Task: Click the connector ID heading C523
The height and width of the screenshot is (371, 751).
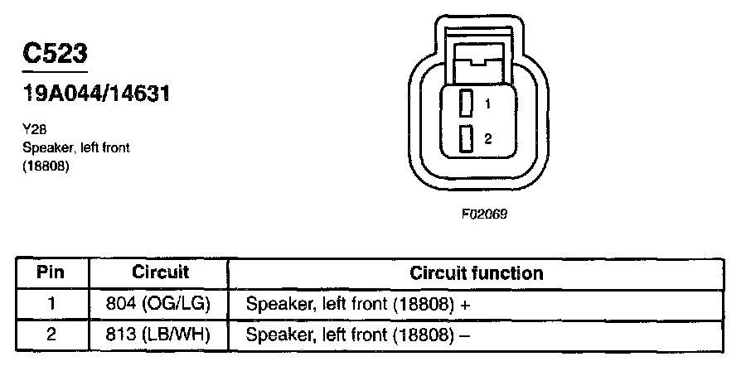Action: tap(55, 54)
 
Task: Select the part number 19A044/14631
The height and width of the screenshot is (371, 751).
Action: tap(96, 94)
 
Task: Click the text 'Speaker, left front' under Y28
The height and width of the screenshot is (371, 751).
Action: tap(75, 147)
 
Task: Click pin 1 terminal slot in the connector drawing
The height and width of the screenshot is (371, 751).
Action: tap(466, 104)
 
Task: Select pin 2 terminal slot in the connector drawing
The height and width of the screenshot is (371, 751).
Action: tap(466, 138)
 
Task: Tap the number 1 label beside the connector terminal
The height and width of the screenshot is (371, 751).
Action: tap(488, 104)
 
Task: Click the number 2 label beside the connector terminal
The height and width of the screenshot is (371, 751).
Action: tap(488, 139)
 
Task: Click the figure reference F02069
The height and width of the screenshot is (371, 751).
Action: tap(484, 214)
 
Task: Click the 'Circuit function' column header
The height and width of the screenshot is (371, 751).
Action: tap(477, 273)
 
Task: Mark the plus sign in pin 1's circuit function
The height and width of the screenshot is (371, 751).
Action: tap(466, 305)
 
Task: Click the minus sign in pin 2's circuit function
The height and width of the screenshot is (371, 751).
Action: tap(466, 335)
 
